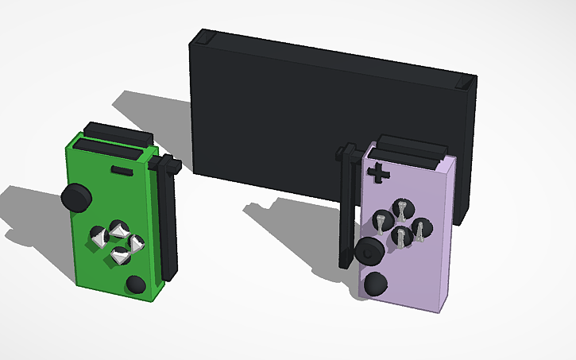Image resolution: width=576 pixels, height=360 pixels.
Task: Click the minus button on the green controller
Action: coord(123,170)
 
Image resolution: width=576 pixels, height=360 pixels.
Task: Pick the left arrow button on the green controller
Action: coord(99,235)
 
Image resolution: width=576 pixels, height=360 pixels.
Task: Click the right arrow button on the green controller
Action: coord(136,242)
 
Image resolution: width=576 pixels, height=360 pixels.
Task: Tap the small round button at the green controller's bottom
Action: coord(135,285)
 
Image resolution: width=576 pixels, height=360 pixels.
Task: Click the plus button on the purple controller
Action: coord(379,172)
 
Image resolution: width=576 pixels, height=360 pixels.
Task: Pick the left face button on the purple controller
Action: coord(382,217)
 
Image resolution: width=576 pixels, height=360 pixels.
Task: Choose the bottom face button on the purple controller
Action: coord(404,235)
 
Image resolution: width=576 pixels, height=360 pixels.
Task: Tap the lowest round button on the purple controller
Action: coord(374,284)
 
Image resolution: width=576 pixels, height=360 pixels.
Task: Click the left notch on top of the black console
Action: coord(203,37)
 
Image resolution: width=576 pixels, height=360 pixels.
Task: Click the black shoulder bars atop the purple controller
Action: coord(409,149)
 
